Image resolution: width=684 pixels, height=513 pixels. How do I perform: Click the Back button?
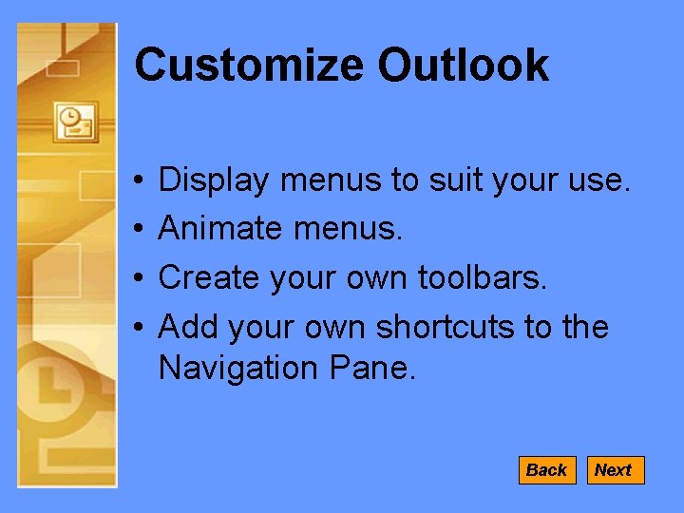[x=546, y=470]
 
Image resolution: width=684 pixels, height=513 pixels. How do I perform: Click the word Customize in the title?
[x=249, y=66]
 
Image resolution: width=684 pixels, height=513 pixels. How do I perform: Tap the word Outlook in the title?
[x=463, y=66]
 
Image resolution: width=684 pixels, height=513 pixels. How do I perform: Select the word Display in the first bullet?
[x=214, y=180]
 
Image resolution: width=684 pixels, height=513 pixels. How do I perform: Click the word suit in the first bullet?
[x=424, y=180]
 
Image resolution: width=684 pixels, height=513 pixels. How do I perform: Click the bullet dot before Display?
[x=139, y=180]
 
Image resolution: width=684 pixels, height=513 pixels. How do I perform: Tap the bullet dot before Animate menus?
[x=139, y=229]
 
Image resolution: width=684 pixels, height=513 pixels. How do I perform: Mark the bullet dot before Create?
[x=139, y=278]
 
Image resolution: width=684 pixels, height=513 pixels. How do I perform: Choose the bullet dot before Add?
[x=139, y=328]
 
